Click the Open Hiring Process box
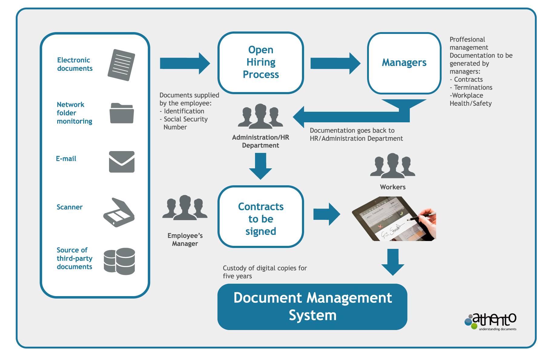tap(260, 62)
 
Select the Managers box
tap(404, 63)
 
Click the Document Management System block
tap(312, 307)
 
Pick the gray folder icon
tap(121, 113)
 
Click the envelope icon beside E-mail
tap(121, 162)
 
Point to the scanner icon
tap(119, 212)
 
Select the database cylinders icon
tap(119, 261)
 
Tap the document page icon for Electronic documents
tap(121, 65)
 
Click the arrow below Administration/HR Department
tap(260, 166)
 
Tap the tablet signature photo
tap(394, 219)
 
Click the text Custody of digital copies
tap(265, 268)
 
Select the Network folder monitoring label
tap(74, 113)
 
